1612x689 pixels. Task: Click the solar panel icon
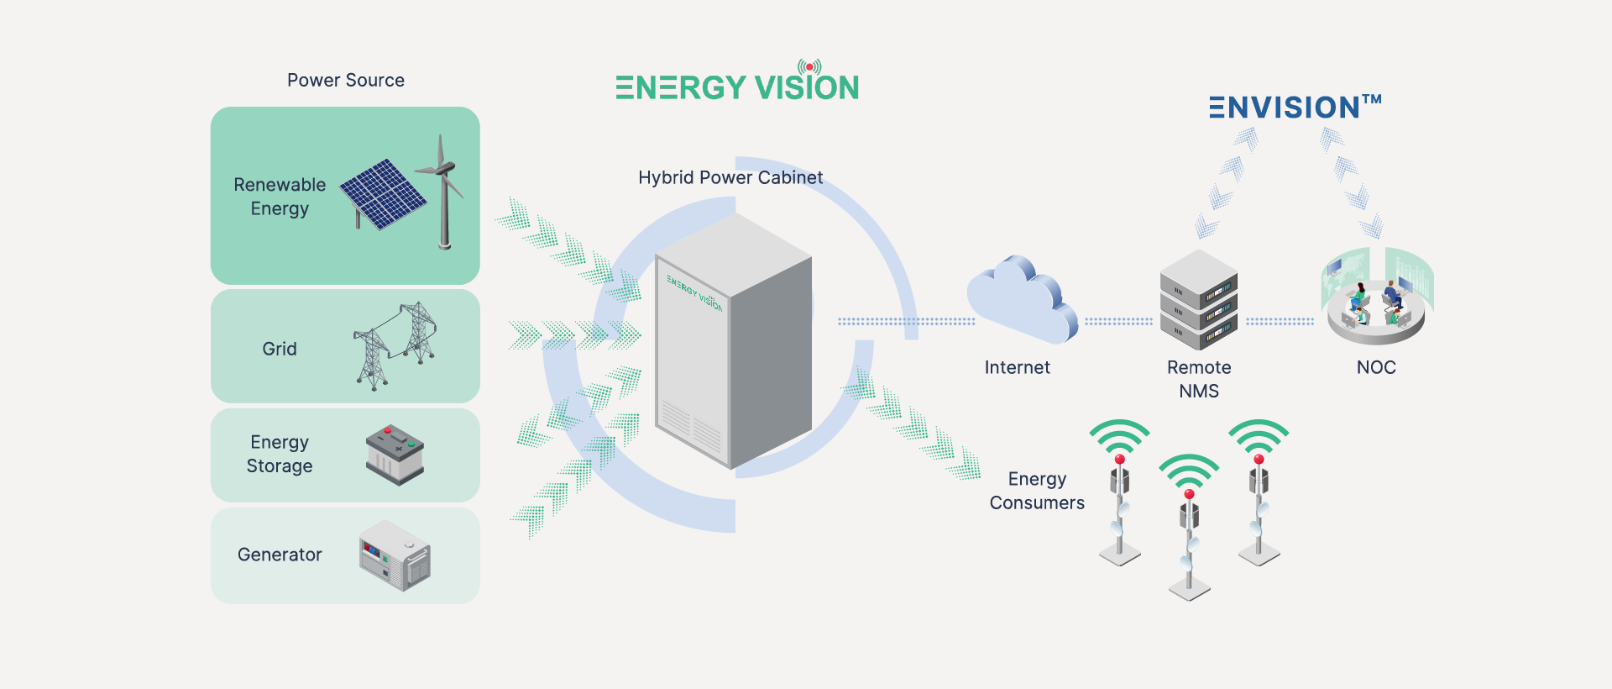point(382,193)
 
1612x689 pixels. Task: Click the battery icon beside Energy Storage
point(395,455)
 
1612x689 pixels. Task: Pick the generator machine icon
point(395,555)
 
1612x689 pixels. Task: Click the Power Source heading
point(346,81)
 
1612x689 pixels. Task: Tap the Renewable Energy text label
point(280,197)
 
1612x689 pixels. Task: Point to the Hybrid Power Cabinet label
point(730,178)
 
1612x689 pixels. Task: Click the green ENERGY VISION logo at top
point(737,86)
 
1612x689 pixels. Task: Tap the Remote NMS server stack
point(1198,300)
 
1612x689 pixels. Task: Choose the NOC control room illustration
point(1377,297)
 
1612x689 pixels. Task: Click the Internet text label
point(1017,368)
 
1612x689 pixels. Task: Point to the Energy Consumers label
point(1037,491)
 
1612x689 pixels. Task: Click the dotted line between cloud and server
point(1118,321)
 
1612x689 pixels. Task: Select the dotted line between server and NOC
point(1280,321)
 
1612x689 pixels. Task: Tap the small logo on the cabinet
point(694,292)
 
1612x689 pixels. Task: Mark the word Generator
point(280,555)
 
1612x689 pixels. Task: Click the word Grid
point(280,350)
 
